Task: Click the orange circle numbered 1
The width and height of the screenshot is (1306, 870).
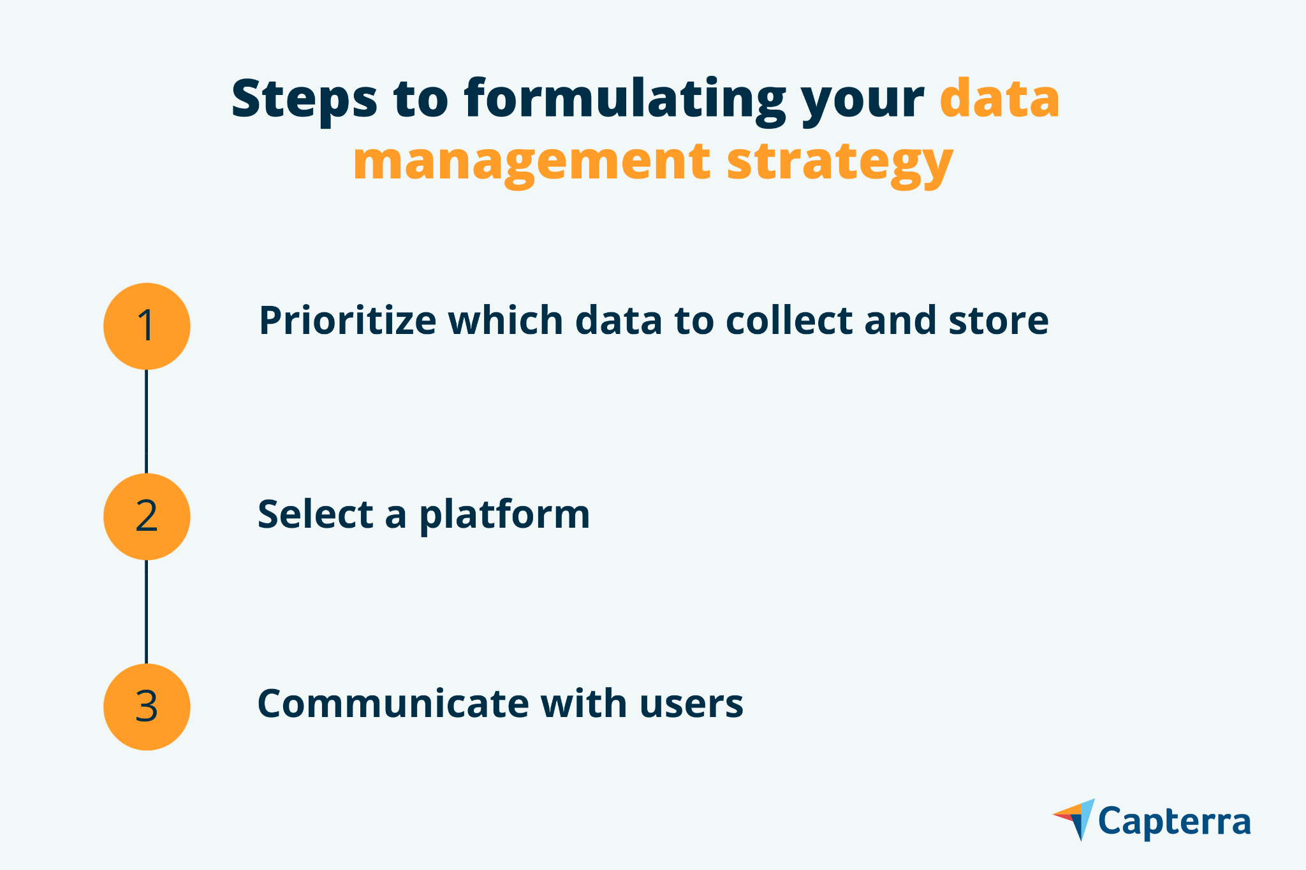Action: tap(147, 326)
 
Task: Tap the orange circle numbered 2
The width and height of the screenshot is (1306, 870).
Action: tap(147, 516)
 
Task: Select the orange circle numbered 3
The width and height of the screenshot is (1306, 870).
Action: tap(147, 707)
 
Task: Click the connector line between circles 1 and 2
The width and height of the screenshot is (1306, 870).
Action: tap(147, 421)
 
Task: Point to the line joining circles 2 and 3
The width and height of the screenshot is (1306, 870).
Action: tap(147, 612)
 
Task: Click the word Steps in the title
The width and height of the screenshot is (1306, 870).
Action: tap(304, 99)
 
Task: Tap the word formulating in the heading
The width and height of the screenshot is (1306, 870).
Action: tap(624, 101)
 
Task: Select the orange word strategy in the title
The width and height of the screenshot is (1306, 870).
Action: tap(840, 163)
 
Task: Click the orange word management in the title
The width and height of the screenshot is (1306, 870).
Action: tap(532, 163)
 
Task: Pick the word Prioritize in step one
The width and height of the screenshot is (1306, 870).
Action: tap(348, 321)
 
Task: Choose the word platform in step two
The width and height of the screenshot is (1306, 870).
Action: tap(504, 516)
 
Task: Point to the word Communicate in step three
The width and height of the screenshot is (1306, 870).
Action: tap(393, 704)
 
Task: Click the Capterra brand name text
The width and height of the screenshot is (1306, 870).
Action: tap(1175, 823)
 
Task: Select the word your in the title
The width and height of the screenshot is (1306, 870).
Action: tap(863, 105)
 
